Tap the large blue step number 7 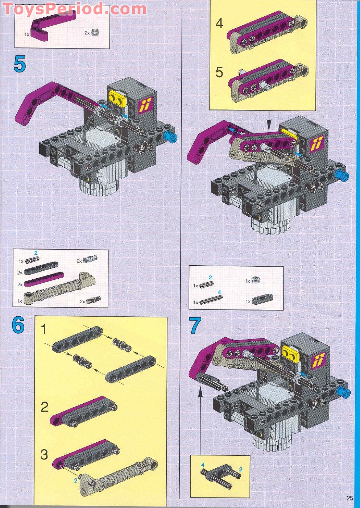point(195,325)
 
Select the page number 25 point(349,498)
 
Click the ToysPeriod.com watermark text point(74,9)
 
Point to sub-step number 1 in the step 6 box point(44,330)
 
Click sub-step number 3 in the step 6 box point(44,454)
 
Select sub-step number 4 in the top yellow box point(219,24)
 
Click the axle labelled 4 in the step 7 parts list point(211,299)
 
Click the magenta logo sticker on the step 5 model point(145,106)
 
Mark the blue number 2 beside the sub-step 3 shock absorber point(76,480)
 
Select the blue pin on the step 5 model point(170,137)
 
